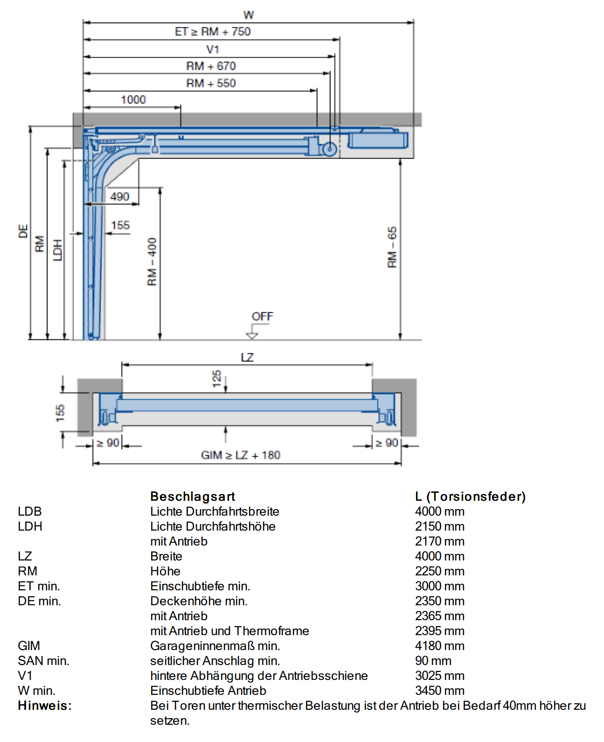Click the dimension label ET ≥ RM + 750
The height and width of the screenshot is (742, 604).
click(212, 32)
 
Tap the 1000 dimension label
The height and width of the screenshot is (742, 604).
click(133, 100)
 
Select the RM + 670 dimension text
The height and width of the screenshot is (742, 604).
click(211, 66)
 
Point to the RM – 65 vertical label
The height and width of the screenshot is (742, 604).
click(392, 247)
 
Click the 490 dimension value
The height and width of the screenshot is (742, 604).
click(120, 197)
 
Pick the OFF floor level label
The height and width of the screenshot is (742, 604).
click(263, 316)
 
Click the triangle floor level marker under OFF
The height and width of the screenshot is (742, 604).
click(252, 336)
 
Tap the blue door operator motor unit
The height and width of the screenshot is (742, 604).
click(378, 140)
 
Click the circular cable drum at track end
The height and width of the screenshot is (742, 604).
click(329, 149)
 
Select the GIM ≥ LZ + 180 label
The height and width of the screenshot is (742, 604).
click(241, 455)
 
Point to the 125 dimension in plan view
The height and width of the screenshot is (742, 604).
click(216, 378)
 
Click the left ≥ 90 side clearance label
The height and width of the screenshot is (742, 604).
click(108, 443)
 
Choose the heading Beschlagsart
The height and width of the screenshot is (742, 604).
click(193, 497)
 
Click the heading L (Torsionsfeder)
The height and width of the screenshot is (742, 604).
click(470, 497)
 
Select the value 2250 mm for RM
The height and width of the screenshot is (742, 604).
click(440, 571)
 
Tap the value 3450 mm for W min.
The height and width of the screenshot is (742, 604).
click(440, 691)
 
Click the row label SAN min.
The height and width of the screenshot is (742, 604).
click(43, 661)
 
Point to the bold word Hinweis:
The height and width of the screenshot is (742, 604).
click(45, 706)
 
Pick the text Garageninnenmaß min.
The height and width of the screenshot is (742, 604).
click(215, 646)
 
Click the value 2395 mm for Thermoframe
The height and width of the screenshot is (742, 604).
click(440, 631)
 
